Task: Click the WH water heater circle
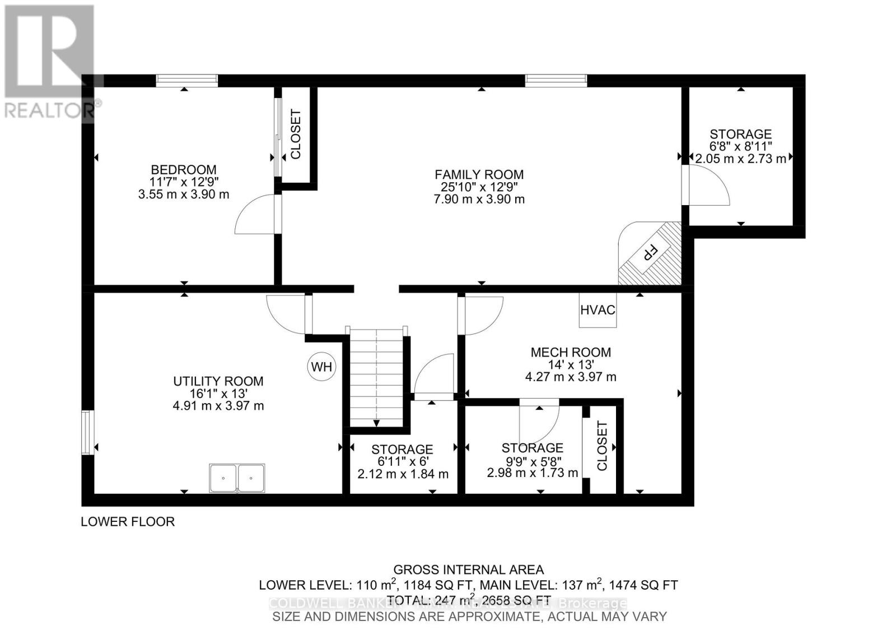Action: [x=321, y=367]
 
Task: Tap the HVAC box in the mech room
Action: [x=598, y=310]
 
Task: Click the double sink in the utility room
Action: [x=237, y=478]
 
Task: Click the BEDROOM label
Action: [x=184, y=169]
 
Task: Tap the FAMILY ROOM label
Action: [x=479, y=174]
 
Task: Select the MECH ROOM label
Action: [x=571, y=352]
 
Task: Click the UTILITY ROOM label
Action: [x=218, y=381]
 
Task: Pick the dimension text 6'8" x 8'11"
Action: [x=740, y=146]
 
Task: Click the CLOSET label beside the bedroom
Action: [x=296, y=134]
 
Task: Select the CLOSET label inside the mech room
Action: [x=602, y=446]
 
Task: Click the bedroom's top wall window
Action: [x=186, y=80]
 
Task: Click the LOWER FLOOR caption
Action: [x=128, y=521]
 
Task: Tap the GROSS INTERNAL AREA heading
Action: [x=468, y=570]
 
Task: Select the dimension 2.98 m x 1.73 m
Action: [x=532, y=473]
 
